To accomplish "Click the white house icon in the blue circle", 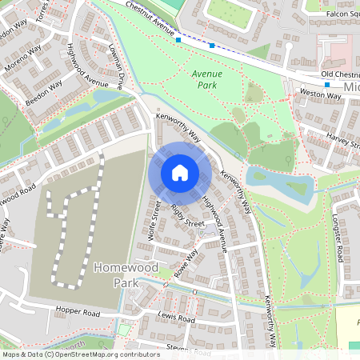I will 180,173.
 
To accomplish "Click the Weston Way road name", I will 320,94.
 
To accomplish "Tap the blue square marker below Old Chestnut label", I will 327,84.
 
